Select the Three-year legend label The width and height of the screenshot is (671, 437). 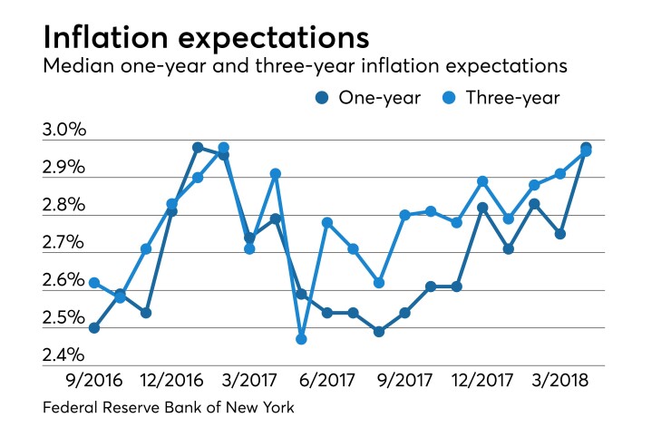coord(514,98)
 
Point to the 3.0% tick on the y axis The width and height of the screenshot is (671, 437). coord(63,131)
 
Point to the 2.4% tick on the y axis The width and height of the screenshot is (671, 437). coord(63,354)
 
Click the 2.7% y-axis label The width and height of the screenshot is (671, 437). coord(63,243)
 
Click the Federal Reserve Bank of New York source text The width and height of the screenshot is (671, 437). coord(169,408)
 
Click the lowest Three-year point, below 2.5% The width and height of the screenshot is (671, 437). coord(301,339)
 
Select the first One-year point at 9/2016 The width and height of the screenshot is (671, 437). coord(94,327)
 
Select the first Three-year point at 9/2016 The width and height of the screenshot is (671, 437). coord(94,283)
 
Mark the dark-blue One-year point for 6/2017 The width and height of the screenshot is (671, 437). coord(327,313)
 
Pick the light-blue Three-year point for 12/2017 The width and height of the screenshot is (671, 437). coord(482,181)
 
